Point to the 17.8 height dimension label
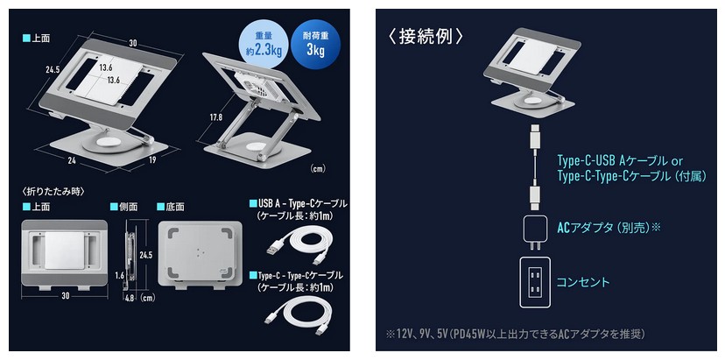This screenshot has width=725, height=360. coord(215,117)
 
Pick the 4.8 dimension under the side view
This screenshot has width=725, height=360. coord(130,299)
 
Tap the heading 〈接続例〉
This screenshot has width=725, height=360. coord(426,37)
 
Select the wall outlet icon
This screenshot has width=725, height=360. coord(535,282)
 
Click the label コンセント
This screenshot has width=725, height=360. coord(582,282)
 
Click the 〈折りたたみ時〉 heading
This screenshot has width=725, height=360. coord(53,190)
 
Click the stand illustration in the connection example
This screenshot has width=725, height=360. coord(531,69)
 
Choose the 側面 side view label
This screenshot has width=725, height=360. coord(124,207)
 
